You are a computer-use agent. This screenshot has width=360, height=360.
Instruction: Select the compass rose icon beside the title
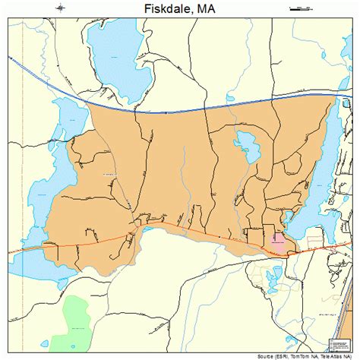click(x=58, y=8)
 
